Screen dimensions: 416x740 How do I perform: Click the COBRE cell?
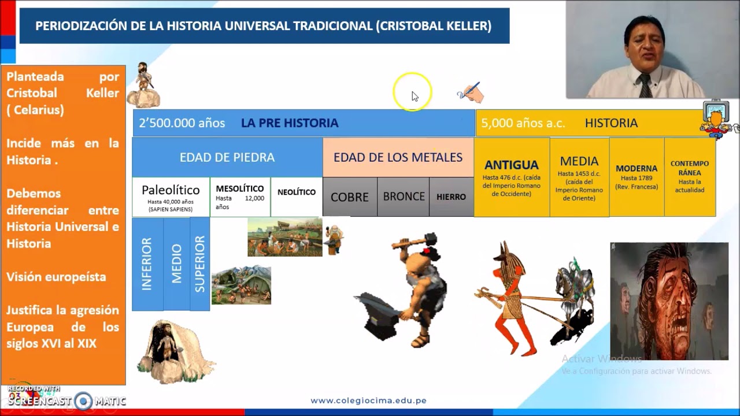tap(349, 197)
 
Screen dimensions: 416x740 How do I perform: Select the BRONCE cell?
tap(404, 196)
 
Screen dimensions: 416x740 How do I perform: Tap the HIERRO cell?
tap(451, 197)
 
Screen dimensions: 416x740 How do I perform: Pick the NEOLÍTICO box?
tap(297, 192)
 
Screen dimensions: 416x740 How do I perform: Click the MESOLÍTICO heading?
tap(239, 188)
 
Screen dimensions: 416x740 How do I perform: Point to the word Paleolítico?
tap(171, 190)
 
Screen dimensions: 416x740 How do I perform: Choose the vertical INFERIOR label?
tap(147, 264)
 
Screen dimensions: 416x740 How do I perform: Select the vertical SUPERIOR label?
tap(199, 264)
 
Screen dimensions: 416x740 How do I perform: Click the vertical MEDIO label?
tap(176, 264)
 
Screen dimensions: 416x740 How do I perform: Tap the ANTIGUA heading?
tap(511, 165)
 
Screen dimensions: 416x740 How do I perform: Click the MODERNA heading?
tap(637, 169)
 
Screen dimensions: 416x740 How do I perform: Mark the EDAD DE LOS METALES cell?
tap(398, 157)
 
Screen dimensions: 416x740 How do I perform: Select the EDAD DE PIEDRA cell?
tap(227, 157)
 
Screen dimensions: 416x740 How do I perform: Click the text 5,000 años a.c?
tap(523, 123)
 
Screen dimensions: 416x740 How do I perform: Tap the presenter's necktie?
tap(645, 85)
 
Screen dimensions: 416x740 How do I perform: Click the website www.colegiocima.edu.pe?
tap(368, 400)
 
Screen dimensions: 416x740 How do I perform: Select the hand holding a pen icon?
tap(471, 92)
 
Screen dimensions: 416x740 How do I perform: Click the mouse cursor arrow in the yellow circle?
tap(415, 96)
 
